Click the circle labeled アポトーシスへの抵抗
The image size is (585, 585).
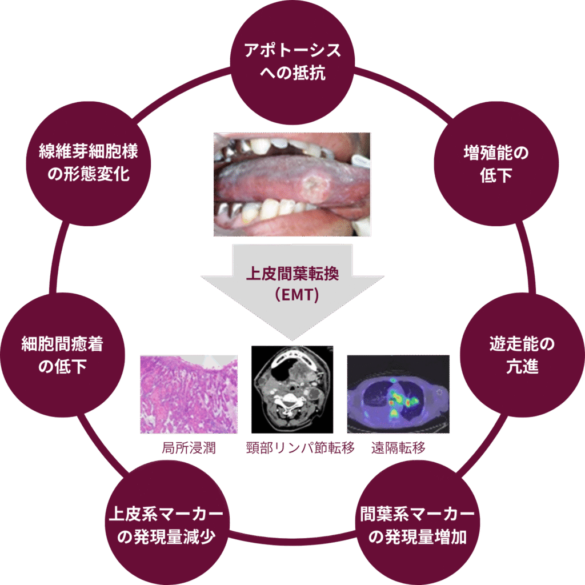click(292, 62)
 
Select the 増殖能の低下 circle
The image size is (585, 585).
click(496, 164)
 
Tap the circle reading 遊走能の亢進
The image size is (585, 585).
click(522, 355)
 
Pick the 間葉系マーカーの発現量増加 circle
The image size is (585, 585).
click(418, 522)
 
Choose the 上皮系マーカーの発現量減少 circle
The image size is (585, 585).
click(166, 522)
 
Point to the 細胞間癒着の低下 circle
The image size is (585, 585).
click(62, 355)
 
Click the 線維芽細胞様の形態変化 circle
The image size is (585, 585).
click(89, 164)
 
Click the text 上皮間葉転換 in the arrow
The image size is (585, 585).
click(292, 274)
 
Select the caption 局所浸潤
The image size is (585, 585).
click(189, 448)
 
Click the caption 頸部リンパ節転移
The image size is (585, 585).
click(300, 448)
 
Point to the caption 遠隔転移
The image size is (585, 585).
click(398, 448)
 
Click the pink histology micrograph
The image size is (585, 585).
click(189, 394)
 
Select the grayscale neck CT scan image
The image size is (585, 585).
click(292, 390)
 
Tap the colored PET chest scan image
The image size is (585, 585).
click(398, 394)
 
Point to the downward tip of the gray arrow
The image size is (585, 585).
click(292, 340)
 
